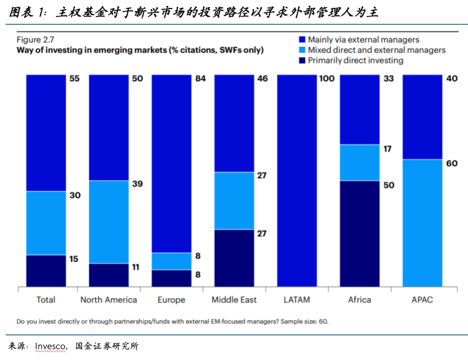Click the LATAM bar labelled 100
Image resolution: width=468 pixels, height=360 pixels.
[297, 180]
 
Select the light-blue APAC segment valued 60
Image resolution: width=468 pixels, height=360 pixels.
[422, 223]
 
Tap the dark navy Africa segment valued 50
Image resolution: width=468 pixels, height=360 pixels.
[360, 233]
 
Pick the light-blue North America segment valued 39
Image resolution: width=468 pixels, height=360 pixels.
[109, 222]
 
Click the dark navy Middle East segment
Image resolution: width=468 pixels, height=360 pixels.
[234, 258]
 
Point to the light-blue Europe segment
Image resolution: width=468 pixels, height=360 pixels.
[171, 261]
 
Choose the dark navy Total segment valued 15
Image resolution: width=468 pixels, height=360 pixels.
[46, 271]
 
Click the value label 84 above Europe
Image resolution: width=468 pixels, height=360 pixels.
[200, 79]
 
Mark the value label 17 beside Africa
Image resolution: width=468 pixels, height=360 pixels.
[387, 149]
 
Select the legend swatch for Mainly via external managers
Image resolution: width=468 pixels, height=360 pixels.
[302, 39]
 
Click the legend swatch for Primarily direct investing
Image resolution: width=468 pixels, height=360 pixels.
[302, 61]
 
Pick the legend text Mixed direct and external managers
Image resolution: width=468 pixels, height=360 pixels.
[377, 50]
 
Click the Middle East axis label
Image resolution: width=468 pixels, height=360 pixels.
[234, 300]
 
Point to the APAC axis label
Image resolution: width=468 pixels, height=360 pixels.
[422, 300]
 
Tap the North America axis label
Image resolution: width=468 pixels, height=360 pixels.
[109, 300]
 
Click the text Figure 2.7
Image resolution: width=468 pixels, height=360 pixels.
[35, 40]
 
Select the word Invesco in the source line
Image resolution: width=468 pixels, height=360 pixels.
[51, 346]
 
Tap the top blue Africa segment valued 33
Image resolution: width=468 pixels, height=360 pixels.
[360, 109]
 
